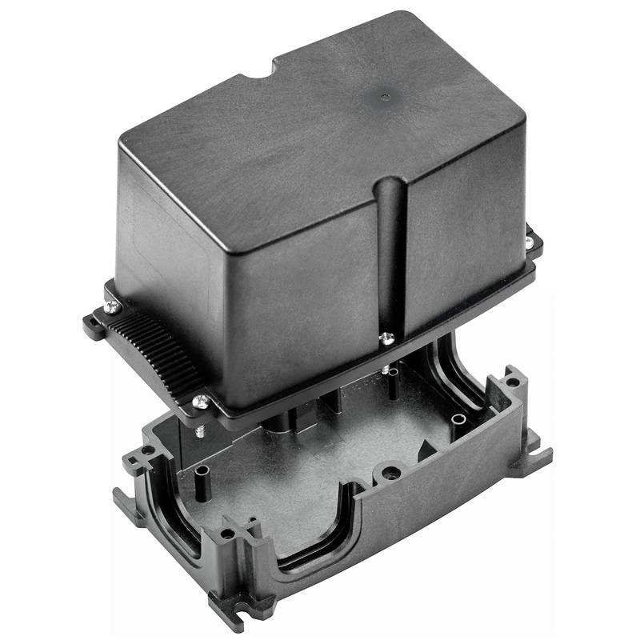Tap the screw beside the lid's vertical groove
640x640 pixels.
(386, 338)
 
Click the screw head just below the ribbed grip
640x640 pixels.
(202, 402)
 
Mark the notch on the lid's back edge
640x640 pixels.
(258, 71)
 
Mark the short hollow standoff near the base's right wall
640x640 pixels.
(458, 419)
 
